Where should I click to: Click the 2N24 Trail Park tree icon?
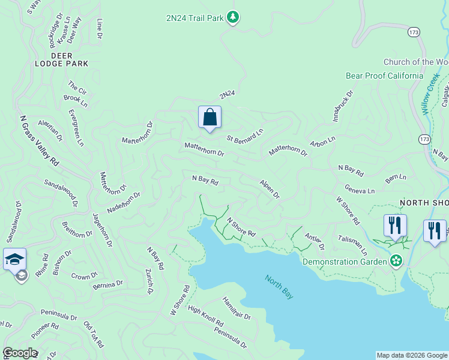coord(234,17)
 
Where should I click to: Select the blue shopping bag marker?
coord(209,117)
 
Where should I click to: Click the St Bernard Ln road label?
coord(245,136)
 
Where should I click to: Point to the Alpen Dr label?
coord(270,188)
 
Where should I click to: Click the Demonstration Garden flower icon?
coord(396,261)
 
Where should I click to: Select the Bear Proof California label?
coord(384,76)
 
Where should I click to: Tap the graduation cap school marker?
coord(14,259)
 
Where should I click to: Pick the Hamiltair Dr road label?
coord(237,308)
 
